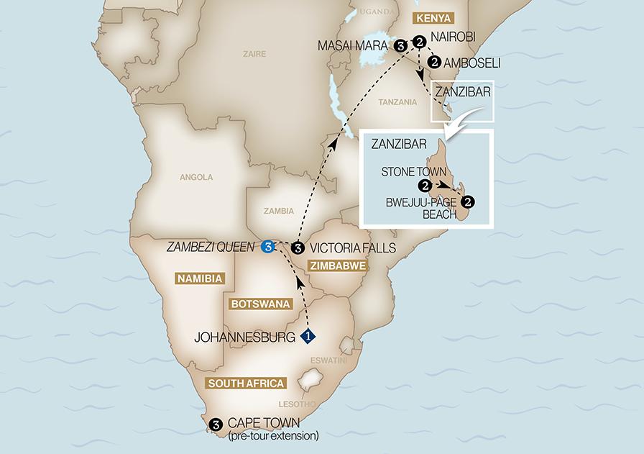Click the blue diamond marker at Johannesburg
[308, 335]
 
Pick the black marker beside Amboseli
[434, 63]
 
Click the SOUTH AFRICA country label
[244, 383]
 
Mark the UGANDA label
[377, 13]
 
